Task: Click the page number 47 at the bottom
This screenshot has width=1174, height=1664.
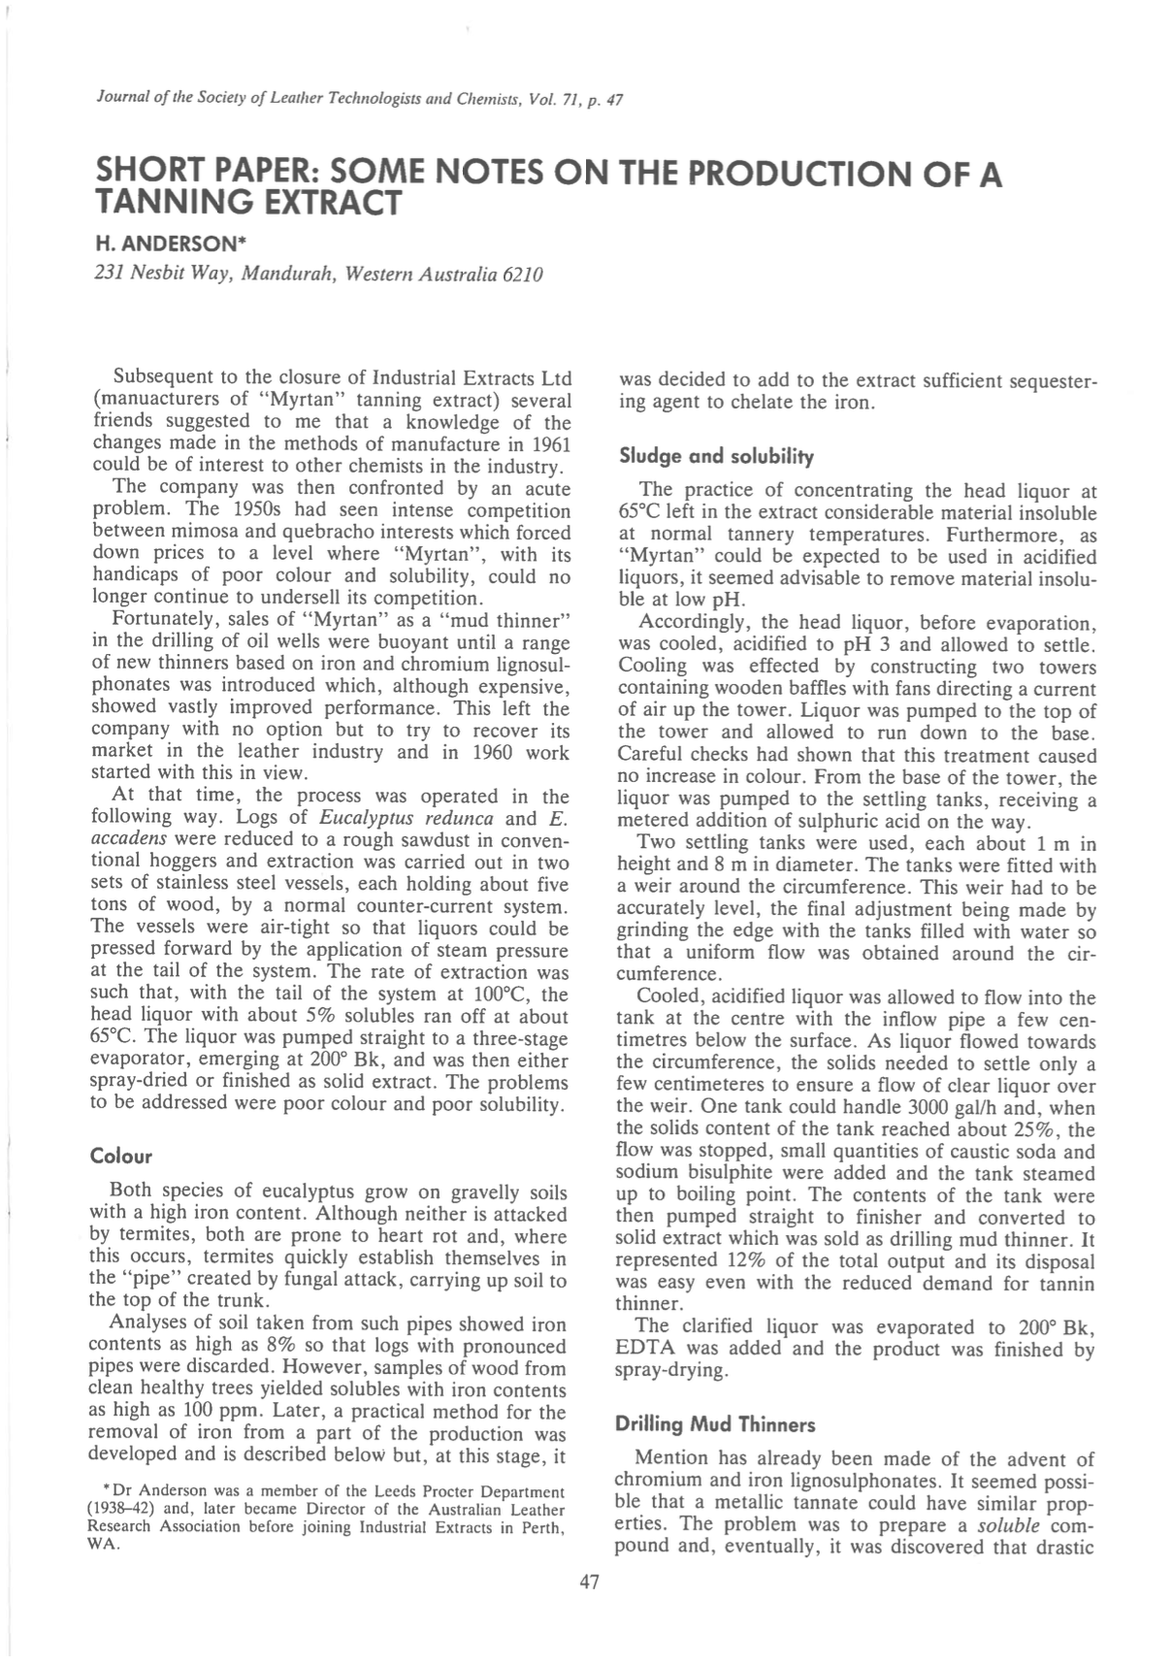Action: (589, 1583)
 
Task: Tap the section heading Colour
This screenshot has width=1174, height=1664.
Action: (121, 1157)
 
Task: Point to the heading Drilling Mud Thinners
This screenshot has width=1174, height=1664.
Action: (715, 1424)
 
